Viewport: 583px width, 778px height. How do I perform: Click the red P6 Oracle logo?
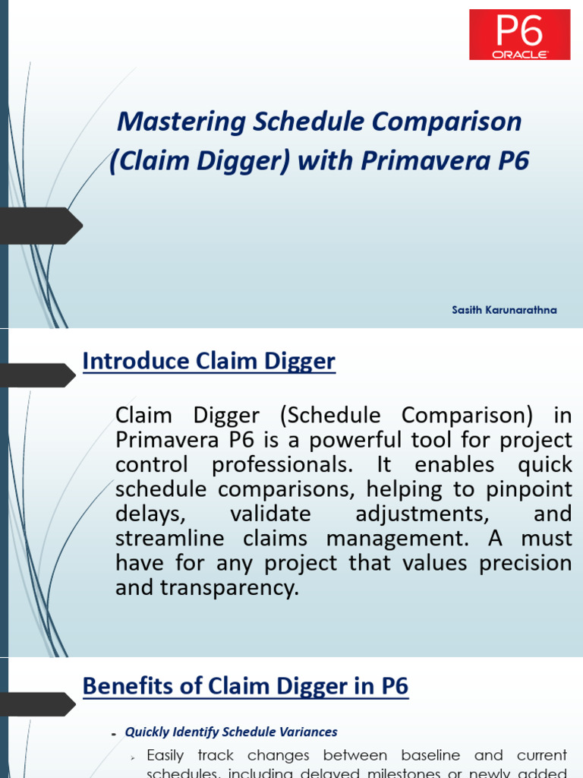click(519, 34)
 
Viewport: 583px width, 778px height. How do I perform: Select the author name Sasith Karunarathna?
click(503, 310)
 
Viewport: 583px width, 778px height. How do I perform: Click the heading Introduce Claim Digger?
click(209, 362)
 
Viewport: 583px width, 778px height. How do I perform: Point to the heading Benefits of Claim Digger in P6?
click(245, 687)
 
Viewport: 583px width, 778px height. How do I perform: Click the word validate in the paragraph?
click(270, 514)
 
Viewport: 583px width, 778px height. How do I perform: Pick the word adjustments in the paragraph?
click(423, 514)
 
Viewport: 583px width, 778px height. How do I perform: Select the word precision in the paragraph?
click(528, 563)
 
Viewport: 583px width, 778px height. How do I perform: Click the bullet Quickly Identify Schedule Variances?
click(231, 732)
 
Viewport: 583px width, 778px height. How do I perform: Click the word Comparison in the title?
click(455, 122)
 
